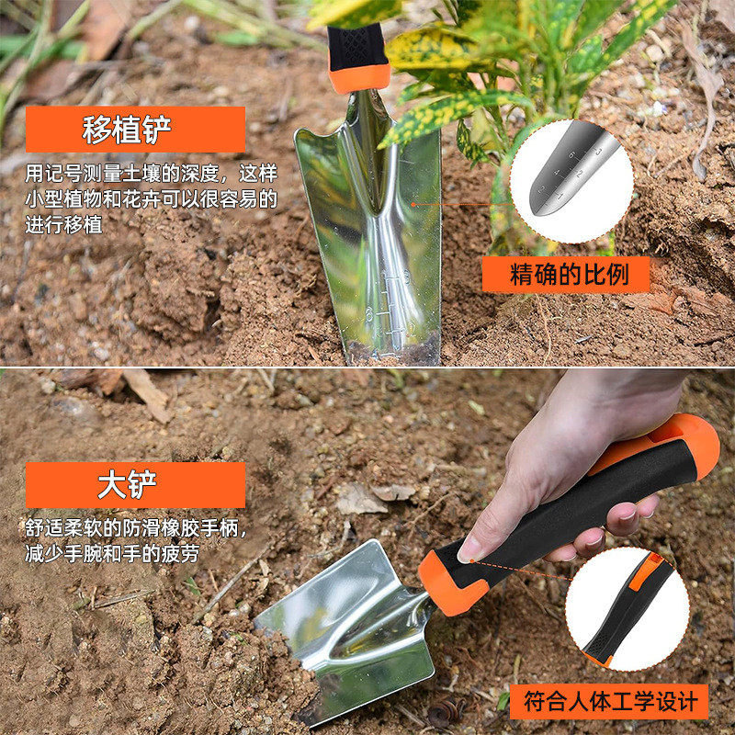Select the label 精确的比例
(x=566, y=275)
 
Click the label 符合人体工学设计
(x=610, y=703)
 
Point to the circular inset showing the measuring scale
(x=571, y=182)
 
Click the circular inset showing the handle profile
(x=627, y=608)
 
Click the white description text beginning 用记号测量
(x=151, y=174)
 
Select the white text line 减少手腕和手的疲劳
(x=111, y=555)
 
